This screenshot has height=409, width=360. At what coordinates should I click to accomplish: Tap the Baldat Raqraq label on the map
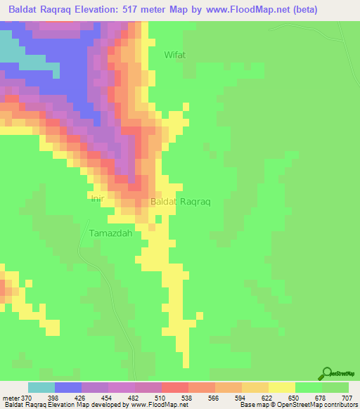point(181,201)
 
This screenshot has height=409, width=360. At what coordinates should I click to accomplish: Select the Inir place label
point(98,199)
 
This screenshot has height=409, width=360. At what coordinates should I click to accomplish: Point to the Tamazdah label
point(110,233)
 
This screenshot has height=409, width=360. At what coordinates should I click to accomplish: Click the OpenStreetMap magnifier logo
point(328,372)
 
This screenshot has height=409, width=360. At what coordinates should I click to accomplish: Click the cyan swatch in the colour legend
point(41,387)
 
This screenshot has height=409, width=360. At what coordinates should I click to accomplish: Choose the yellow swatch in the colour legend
point(282,387)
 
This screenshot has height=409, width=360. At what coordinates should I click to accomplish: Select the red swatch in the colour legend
point(175,387)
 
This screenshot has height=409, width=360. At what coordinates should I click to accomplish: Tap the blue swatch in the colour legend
point(68,387)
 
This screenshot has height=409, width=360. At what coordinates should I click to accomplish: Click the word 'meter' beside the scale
point(12,398)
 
